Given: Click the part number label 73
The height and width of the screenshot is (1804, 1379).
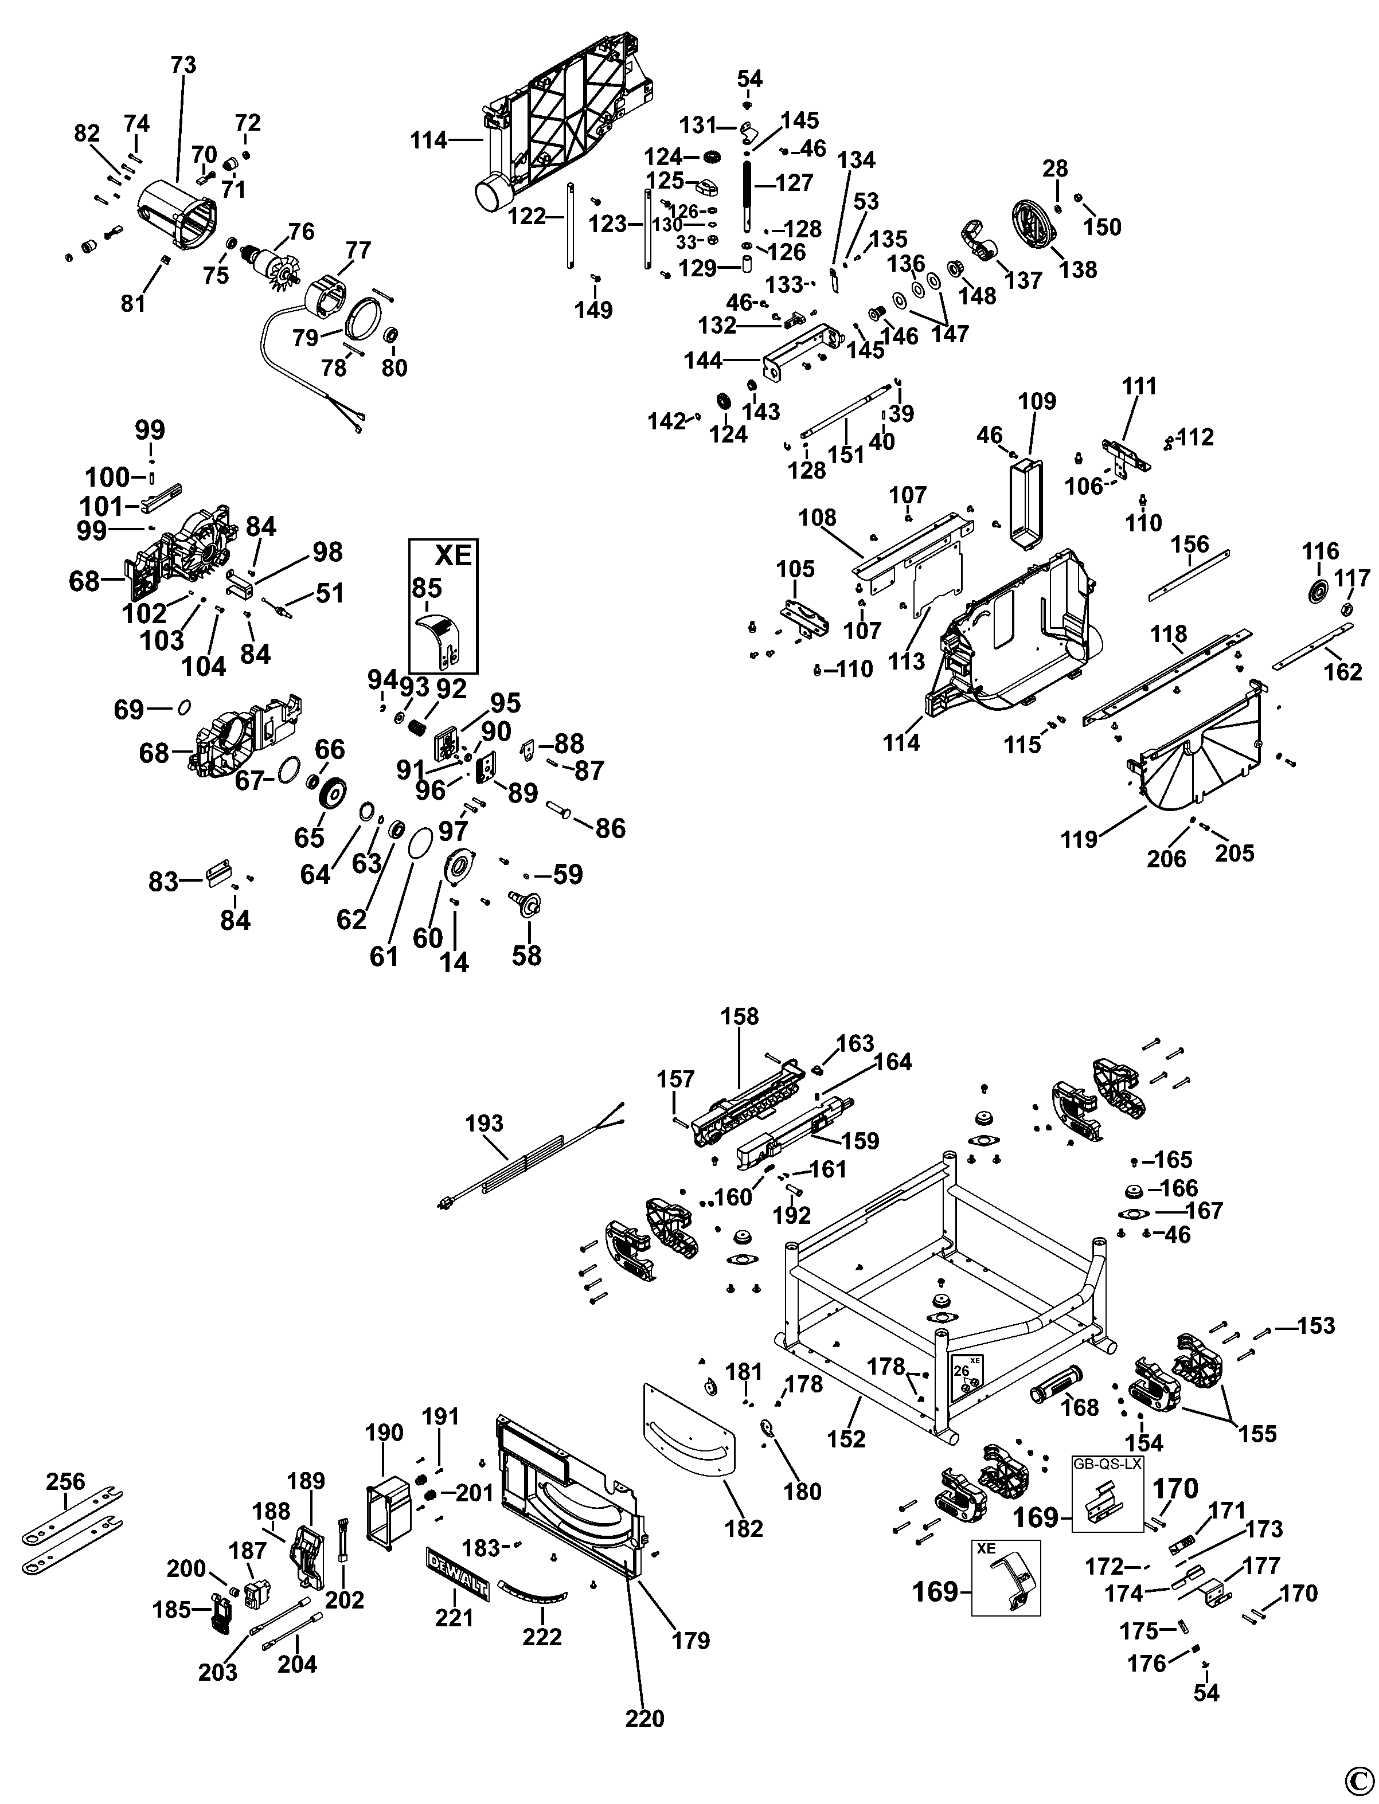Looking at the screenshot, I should [184, 65].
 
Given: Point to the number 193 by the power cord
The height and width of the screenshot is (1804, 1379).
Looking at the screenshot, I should [485, 1124].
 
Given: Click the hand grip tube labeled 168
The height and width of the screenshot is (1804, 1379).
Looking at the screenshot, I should [1057, 1387].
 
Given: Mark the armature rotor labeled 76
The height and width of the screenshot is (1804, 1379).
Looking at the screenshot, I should [268, 266].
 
